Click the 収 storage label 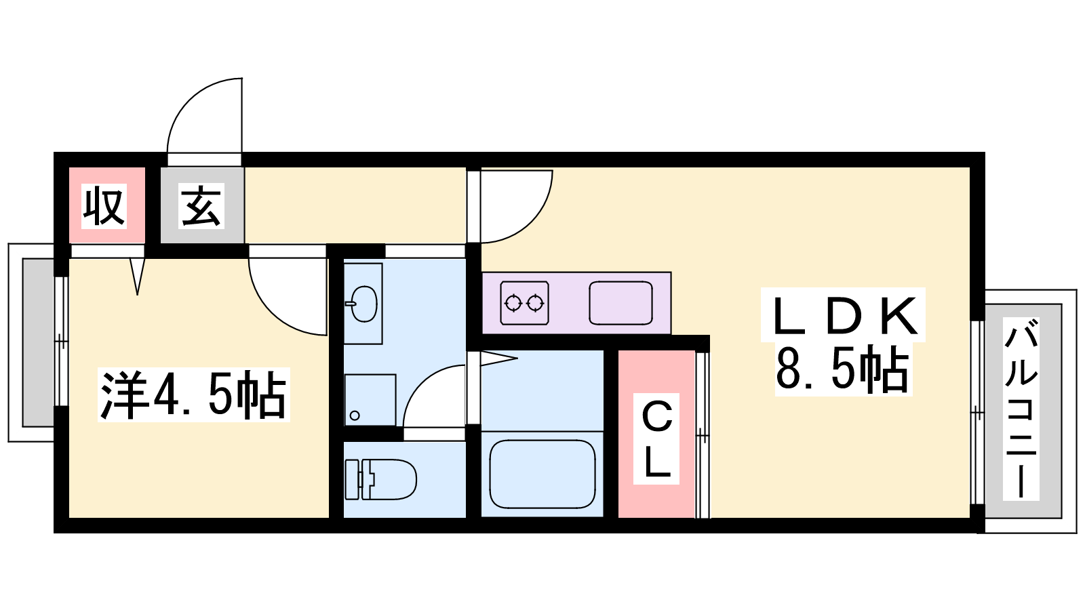point(104,206)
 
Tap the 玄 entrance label point(201,206)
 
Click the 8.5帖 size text point(843,369)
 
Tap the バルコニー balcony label point(1021,407)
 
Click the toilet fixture point(380,479)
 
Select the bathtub point(542,474)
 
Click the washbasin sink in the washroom point(364,304)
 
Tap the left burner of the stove point(513,304)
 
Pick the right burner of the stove point(535,304)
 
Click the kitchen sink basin point(620,303)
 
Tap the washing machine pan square point(370,400)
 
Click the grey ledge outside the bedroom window point(38,342)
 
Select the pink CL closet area point(656,434)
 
